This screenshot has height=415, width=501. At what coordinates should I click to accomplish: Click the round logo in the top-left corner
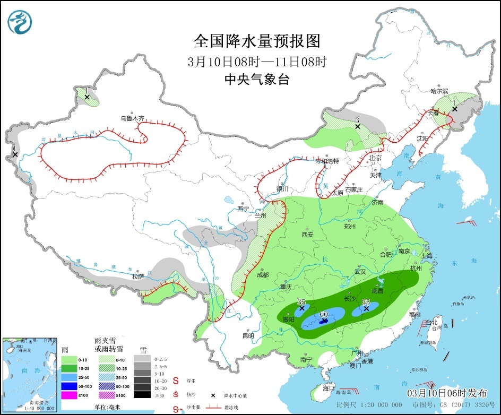pos(20,21)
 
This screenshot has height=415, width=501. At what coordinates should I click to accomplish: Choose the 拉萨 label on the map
pos(138,276)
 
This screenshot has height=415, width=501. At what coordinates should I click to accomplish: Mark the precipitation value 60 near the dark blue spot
pos(323,314)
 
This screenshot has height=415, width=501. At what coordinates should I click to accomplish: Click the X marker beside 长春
pos(454,109)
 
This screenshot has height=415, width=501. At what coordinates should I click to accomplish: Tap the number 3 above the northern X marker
pos(357,120)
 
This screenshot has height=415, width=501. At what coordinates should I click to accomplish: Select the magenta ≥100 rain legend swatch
pos(68,394)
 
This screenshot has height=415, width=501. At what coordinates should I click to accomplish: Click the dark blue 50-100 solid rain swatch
pos(68,386)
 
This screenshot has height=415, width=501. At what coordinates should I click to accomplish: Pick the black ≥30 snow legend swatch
pos(141,394)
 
